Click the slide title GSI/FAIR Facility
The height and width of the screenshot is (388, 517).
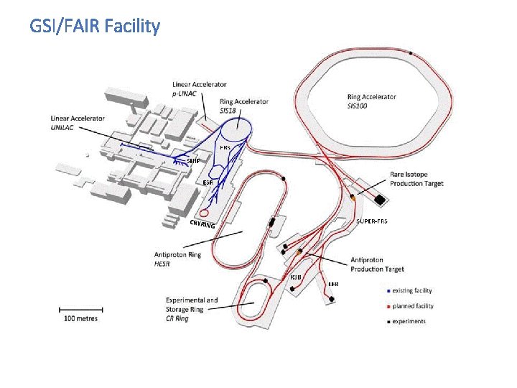95,27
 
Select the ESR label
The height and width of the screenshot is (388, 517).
208,183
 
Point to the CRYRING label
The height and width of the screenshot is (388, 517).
202,224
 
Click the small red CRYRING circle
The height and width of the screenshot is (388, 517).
204,213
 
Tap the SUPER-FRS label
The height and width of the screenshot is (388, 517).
371,221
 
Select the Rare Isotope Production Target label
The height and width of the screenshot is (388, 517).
416,179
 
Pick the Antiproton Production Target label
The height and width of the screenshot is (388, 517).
377,264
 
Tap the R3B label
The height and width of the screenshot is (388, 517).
296,277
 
